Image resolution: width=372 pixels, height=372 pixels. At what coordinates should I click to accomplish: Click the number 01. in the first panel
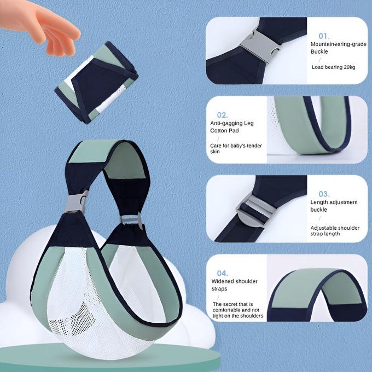(x=324, y=36)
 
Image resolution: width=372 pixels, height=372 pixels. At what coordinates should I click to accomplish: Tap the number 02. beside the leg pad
(x=222, y=115)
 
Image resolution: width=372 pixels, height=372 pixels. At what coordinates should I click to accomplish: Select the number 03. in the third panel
(x=324, y=194)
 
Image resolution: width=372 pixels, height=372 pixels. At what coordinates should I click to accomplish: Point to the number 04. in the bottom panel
(x=222, y=274)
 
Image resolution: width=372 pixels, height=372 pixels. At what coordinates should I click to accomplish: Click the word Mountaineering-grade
(x=339, y=44)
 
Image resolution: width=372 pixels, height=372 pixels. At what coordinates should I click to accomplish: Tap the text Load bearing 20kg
(x=333, y=67)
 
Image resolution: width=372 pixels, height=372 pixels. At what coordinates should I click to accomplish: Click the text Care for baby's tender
(x=236, y=146)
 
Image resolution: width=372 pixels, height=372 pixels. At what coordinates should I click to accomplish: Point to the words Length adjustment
(x=334, y=202)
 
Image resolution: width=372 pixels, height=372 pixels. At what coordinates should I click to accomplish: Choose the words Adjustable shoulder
(x=335, y=228)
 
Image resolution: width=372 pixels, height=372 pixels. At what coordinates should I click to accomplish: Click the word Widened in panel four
(x=222, y=281)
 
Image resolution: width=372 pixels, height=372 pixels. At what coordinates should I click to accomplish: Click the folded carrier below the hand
(x=97, y=82)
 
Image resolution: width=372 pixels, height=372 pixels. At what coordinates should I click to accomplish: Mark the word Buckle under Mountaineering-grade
(x=319, y=52)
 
